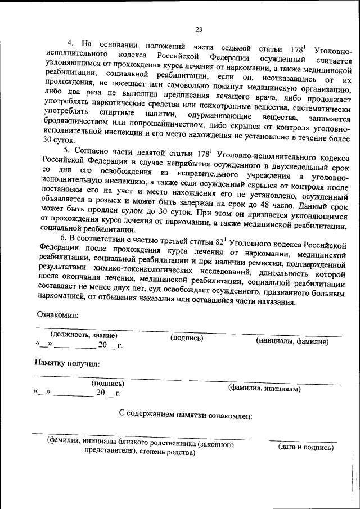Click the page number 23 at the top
[198, 30]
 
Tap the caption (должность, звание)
[83, 335]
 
